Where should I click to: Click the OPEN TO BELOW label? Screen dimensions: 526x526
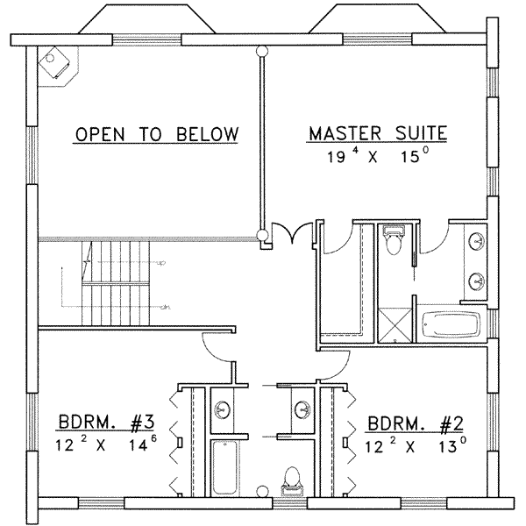(x=156, y=134)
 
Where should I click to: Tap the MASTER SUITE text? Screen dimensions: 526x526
(x=377, y=134)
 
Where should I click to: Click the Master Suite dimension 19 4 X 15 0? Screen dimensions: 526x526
(x=377, y=158)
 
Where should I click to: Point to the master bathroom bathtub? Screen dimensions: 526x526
(x=451, y=323)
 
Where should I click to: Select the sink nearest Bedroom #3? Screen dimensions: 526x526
(x=224, y=409)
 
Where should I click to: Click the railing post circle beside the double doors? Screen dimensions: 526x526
(x=260, y=234)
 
